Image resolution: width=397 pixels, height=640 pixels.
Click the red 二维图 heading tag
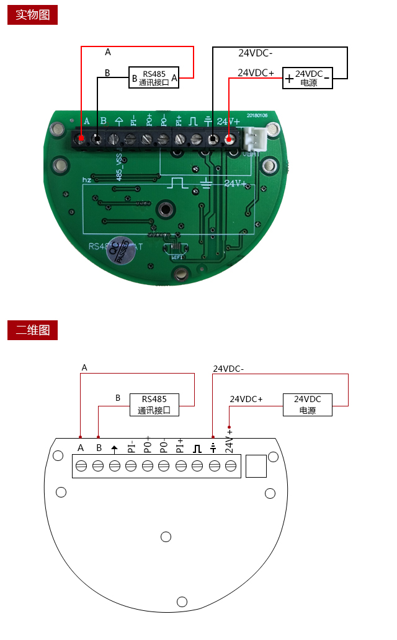(x=32, y=330)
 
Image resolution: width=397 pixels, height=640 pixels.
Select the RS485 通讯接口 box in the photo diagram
(x=154, y=77)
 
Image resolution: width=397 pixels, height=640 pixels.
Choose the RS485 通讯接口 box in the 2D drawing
(x=154, y=405)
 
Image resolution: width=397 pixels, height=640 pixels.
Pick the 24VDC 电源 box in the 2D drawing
(x=308, y=405)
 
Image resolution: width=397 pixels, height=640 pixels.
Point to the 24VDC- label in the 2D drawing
(x=228, y=369)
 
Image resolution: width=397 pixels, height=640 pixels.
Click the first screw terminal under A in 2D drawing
(x=81, y=465)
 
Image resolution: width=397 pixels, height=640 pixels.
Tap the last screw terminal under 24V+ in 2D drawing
(x=230, y=465)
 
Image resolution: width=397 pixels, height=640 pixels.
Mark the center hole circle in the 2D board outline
(x=166, y=537)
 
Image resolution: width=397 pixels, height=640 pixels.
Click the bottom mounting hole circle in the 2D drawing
(x=182, y=601)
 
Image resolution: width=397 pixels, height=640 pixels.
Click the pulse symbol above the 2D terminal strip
(x=197, y=448)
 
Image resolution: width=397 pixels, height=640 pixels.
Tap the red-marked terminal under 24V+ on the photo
(x=230, y=140)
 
